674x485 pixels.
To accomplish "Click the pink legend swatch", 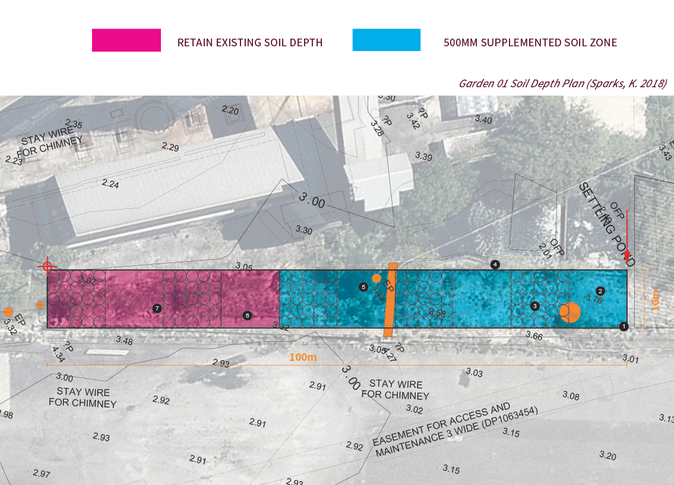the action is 126,40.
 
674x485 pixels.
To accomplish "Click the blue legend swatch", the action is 386,40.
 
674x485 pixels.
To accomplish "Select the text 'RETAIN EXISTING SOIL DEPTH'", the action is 250,43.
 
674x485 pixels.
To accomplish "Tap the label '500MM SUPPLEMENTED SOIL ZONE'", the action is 530,43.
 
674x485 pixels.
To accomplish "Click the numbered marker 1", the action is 624,326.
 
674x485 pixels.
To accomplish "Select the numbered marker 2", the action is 600,291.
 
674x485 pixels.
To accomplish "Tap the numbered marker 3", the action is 535,306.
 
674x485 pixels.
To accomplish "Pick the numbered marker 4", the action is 495,264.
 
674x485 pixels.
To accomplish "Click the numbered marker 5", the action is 363,287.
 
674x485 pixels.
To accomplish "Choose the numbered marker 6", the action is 247,315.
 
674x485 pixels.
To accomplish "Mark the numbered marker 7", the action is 157,308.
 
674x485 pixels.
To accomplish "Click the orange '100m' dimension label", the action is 303,357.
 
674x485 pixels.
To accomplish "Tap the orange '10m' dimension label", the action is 655,300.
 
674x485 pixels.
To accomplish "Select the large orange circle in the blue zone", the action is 570,312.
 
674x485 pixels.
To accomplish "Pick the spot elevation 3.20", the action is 607,455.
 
